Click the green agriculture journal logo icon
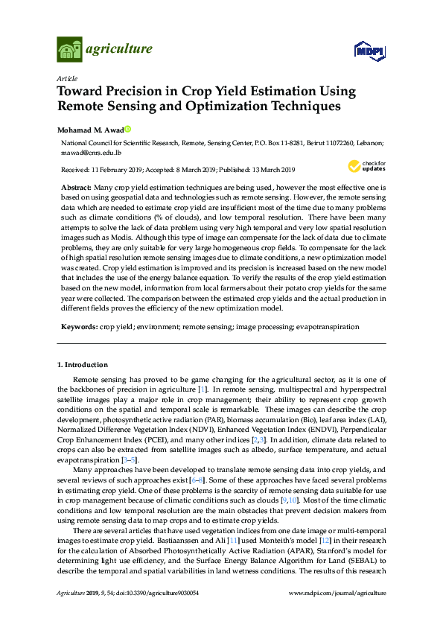point(69,49)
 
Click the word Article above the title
point(66,77)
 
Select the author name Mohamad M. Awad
point(89,128)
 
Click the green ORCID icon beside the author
point(127,128)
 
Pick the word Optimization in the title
point(228,106)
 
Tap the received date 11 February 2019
point(112,168)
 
